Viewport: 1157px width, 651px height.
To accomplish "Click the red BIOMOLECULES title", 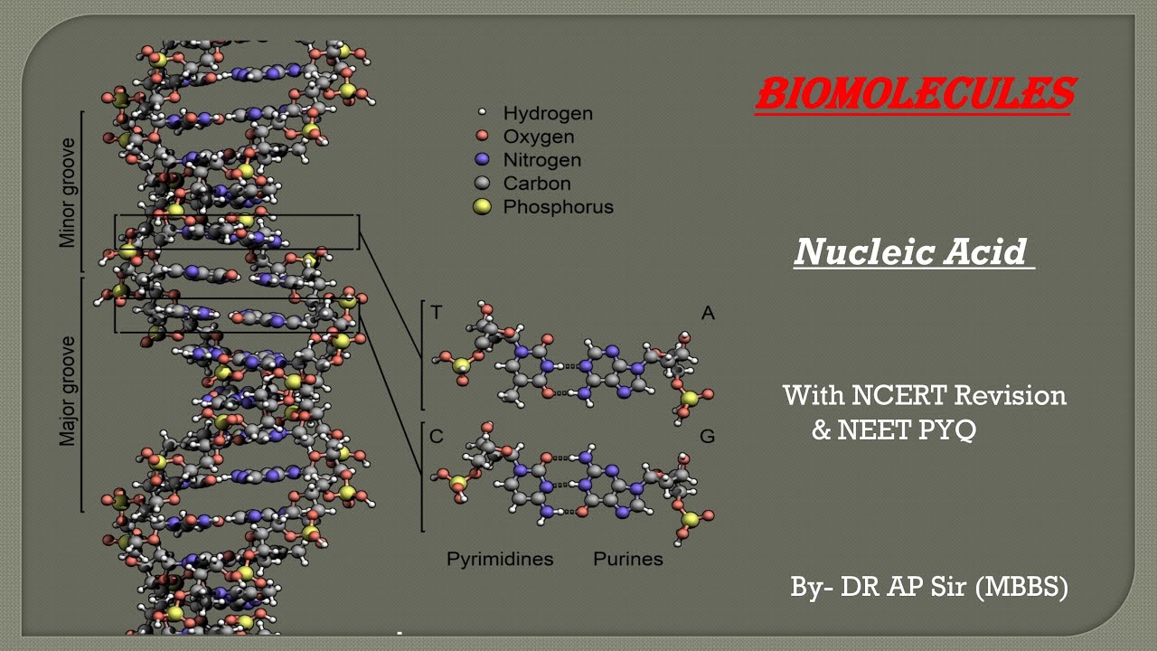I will point(914,93).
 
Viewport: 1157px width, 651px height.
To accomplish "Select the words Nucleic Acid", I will point(911,252).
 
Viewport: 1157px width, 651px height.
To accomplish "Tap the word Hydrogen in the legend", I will point(548,113).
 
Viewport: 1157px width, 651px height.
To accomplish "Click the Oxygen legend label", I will point(539,137).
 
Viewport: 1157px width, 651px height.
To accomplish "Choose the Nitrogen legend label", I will point(542,160).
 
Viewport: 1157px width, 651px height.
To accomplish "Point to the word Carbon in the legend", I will point(537,184).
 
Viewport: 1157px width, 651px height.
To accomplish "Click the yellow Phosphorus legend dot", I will point(483,207).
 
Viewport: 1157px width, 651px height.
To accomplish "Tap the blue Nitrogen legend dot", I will point(482,160).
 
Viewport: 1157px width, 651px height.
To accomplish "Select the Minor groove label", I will point(68,193).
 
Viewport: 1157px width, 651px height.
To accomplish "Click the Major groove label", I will point(68,392).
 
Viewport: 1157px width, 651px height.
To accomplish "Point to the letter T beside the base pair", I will point(437,313).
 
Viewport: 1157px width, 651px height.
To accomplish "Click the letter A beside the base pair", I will point(708,313).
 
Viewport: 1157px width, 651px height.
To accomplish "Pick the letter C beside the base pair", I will point(437,437).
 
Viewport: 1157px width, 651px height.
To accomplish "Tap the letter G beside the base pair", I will point(708,437).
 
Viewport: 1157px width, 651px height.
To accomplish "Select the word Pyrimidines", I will point(500,559).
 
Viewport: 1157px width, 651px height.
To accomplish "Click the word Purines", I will point(627,559).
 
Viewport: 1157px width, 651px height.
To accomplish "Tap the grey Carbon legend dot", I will point(482,184).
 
